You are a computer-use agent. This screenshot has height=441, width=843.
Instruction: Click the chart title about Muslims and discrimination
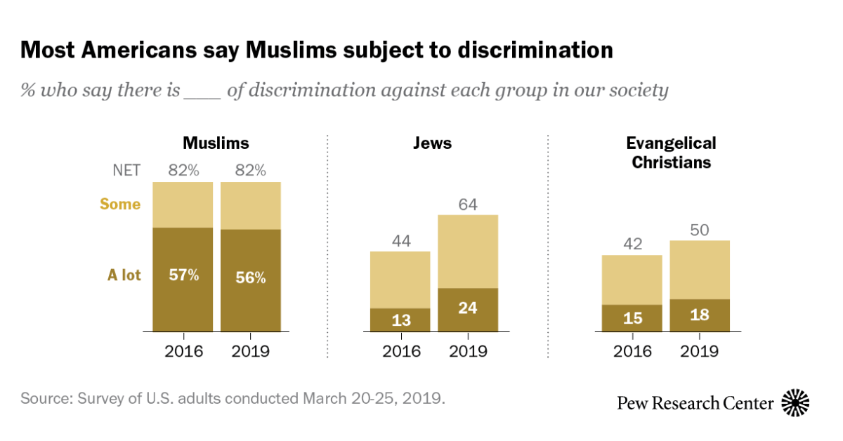[x=316, y=51]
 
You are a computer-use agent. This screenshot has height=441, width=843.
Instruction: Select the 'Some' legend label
[x=120, y=204]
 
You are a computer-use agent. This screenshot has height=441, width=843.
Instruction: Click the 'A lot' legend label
[x=124, y=275]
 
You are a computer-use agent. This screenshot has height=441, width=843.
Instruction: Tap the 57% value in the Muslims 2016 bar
[x=183, y=275]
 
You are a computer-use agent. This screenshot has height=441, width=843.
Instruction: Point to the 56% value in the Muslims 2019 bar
[x=250, y=277]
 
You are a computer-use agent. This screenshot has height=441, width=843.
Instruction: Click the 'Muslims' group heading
[x=216, y=143]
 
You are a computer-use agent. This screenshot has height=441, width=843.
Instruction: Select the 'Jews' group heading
[x=432, y=143]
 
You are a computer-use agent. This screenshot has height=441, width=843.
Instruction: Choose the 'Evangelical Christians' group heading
[x=671, y=152]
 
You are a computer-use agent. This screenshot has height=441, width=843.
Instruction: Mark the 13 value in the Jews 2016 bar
[x=400, y=320]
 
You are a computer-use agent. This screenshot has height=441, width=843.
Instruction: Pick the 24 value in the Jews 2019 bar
[x=468, y=309]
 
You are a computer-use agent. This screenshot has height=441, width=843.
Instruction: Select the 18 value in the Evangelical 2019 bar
[x=700, y=315]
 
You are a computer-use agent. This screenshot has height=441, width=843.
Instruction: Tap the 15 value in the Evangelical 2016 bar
[x=632, y=318]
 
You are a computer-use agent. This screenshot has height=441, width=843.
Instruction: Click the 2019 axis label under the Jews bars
[x=468, y=351]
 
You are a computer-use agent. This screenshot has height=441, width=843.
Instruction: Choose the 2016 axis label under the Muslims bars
[x=183, y=351]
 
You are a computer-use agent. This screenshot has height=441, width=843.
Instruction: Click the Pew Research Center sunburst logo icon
[x=796, y=402]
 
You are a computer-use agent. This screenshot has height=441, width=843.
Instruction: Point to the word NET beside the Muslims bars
[x=126, y=170]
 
